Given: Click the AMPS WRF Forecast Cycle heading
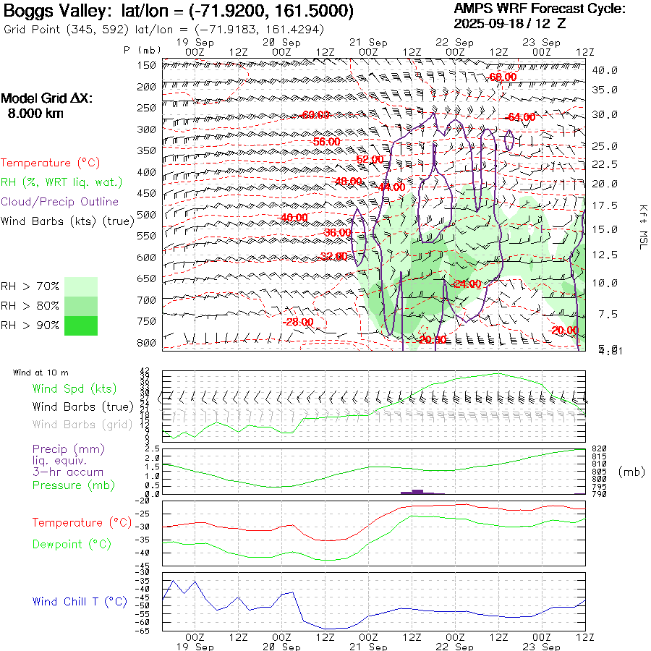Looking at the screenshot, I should [x=539, y=9].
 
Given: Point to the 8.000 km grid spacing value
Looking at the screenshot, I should [x=35, y=113].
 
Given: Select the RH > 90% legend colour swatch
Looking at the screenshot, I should [x=81, y=325].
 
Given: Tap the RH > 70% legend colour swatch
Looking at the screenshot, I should [x=81, y=286].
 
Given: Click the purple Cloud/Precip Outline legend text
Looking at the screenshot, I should [x=60, y=202].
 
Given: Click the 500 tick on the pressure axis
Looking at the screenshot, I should [x=147, y=215].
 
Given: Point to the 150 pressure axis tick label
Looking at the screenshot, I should [x=147, y=65].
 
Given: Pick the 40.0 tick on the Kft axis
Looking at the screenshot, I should [x=604, y=70].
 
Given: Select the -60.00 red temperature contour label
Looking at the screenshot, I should [x=315, y=115].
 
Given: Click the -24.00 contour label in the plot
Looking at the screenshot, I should [x=467, y=284].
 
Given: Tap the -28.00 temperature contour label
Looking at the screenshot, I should [x=298, y=322].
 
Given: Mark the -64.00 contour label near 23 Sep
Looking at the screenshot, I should [x=521, y=117].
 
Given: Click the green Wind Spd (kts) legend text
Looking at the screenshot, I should [x=75, y=388].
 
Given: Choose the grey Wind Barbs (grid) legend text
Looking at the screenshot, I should [x=83, y=425].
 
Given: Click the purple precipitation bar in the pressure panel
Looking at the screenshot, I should [x=417, y=491].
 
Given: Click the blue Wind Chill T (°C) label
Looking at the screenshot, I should [x=80, y=601].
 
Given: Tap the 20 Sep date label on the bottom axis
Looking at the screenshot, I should [x=281, y=646].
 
